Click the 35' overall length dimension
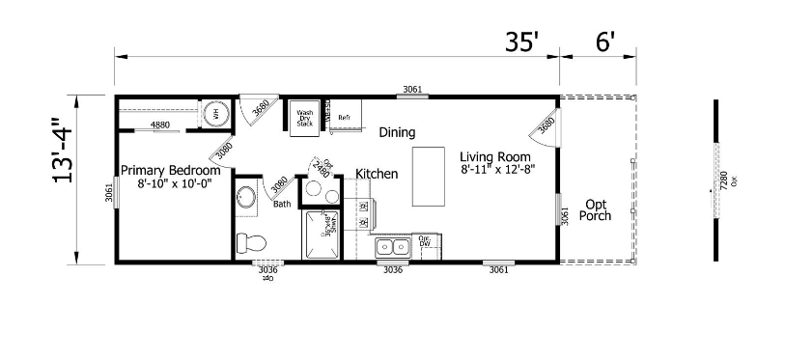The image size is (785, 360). pos(521,42)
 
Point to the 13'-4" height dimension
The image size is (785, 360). pos(65,180)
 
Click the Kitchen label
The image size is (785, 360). pos(377,174)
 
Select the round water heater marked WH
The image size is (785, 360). pos(216,113)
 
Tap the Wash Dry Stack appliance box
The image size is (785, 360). pos(305,117)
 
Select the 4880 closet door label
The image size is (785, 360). pos(159,125)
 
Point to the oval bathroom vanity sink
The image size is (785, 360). pos(246,199)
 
